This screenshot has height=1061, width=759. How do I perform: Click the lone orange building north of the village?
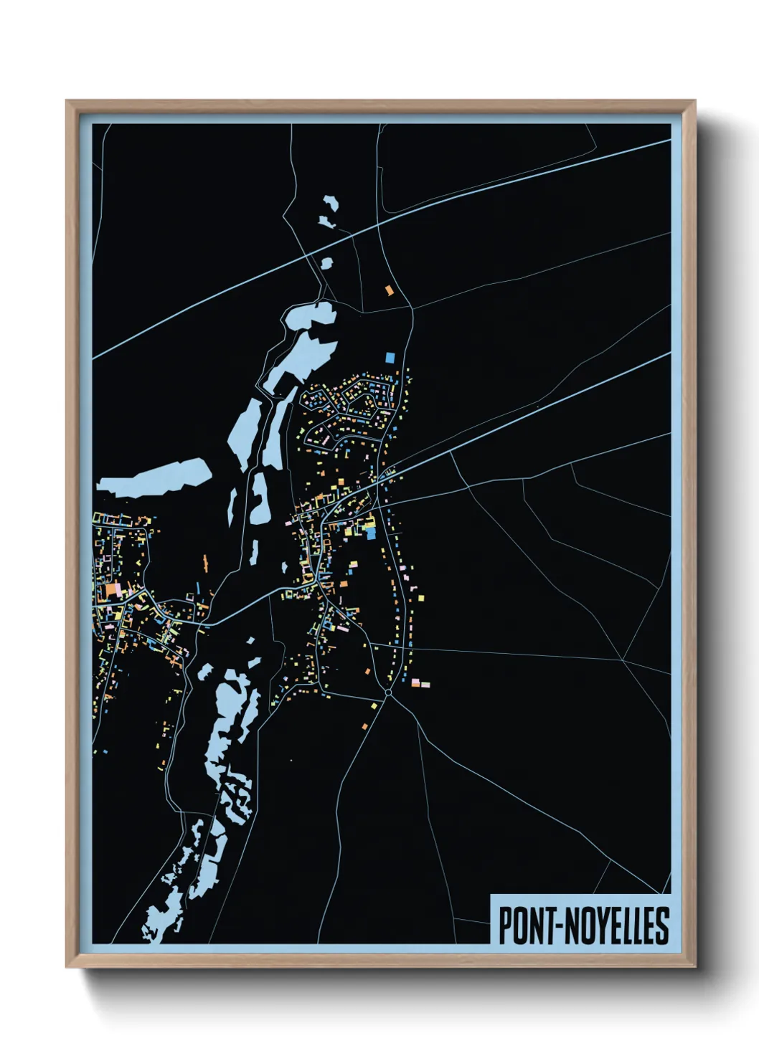[390, 290]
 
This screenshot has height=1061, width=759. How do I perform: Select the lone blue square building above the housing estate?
[390, 357]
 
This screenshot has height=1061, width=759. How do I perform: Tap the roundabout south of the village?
[388, 693]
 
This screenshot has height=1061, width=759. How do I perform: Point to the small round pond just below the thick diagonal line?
[327, 264]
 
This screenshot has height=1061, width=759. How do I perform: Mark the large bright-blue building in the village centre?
[370, 532]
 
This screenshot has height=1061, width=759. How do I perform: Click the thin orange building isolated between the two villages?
[204, 561]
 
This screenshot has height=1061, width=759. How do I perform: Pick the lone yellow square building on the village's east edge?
[421, 596]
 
